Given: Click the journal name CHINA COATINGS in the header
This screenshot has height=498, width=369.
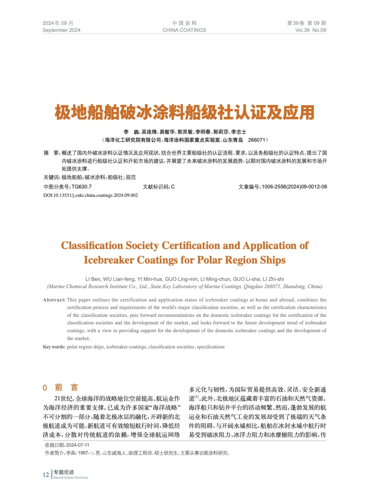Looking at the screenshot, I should pyautogui.click(x=184, y=30).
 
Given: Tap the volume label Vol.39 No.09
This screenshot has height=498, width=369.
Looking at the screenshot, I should pyautogui.click(x=310, y=30).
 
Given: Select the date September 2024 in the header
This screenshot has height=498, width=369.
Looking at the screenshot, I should pyautogui.click(x=61, y=30).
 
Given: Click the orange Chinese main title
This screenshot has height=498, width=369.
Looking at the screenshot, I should pyautogui.click(x=184, y=112).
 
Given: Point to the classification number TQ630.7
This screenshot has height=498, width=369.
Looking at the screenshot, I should pyautogui.click(x=81, y=187).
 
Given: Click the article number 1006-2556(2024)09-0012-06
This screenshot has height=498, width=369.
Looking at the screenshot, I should pyautogui.click(x=294, y=187).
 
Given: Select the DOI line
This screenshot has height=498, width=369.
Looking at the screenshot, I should pyautogui.click(x=90, y=195).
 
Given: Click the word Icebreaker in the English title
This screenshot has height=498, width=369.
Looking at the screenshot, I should pyautogui.click(x=109, y=260).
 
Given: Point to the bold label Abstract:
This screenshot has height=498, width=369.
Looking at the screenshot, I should pyautogui.click(x=54, y=300).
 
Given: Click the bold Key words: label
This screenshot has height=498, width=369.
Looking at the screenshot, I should pyautogui.click(x=54, y=347).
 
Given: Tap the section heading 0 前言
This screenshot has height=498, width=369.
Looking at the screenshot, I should pyautogui.click(x=60, y=388).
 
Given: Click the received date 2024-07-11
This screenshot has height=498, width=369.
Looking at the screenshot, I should pyautogui.click(x=77, y=445).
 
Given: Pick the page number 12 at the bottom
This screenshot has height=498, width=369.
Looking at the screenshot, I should pyautogui.click(x=46, y=475).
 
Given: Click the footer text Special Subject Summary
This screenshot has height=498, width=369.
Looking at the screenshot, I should pyautogui.click(x=71, y=477).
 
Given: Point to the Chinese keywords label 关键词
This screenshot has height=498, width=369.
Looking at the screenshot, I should pyautogui.click(x=51, y=177).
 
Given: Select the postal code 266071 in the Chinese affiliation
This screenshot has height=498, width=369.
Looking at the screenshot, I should pyautogui.click(x=257, y=140).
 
